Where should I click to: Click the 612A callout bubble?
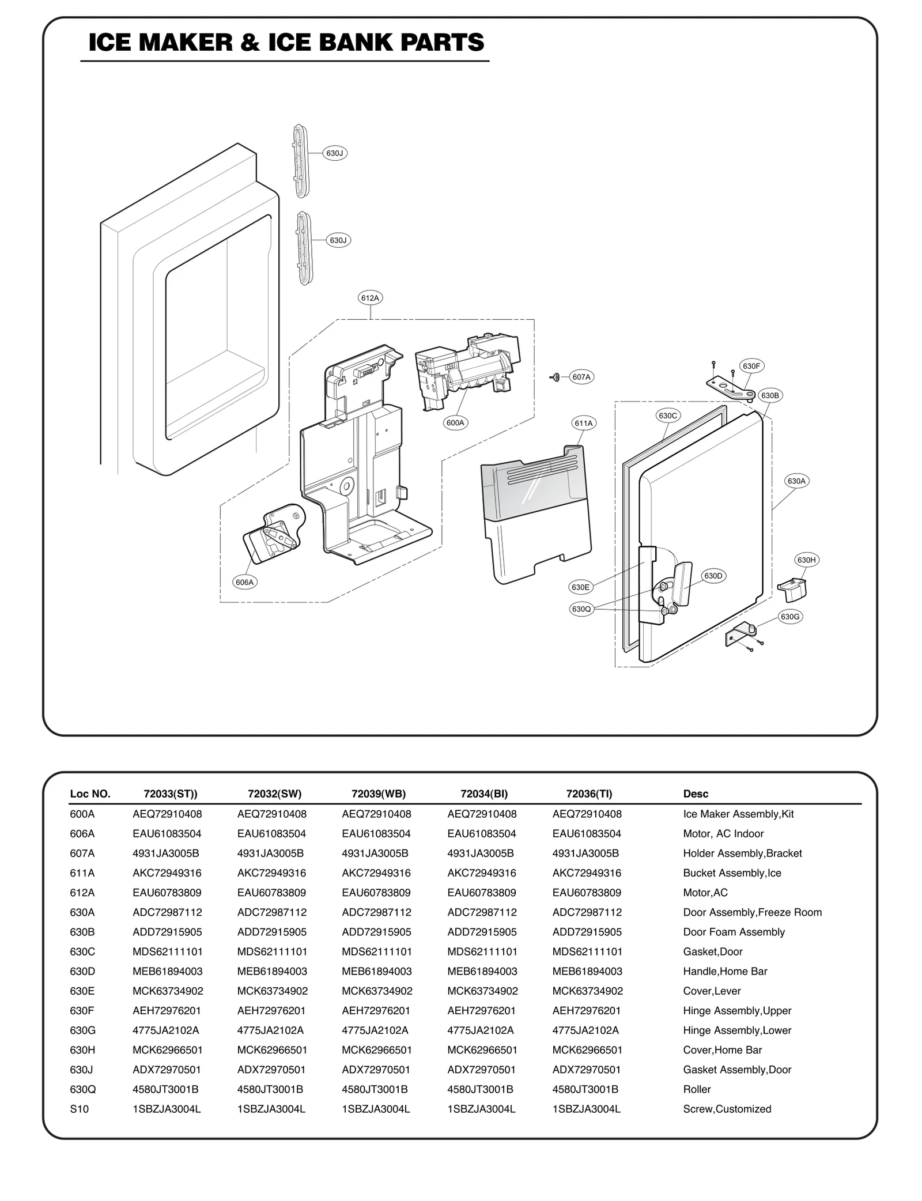click(370, 298)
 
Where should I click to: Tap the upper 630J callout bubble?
click(335, 153)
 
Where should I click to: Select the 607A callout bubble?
click(581, 377)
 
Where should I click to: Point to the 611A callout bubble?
click(584, 423)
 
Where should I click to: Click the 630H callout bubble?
click(806, 560)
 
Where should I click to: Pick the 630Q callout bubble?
click(581, 609)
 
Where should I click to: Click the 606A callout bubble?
click(245, 582)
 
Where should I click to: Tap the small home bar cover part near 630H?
click(792, 589)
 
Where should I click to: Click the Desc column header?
click(696, 794)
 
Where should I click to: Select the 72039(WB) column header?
click(379, 794)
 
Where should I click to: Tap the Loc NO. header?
click(90, 794)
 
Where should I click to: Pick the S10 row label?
click(80, 1109)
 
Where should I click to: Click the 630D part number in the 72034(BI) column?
click(482, 971)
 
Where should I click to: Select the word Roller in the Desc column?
click(697, 1089)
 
